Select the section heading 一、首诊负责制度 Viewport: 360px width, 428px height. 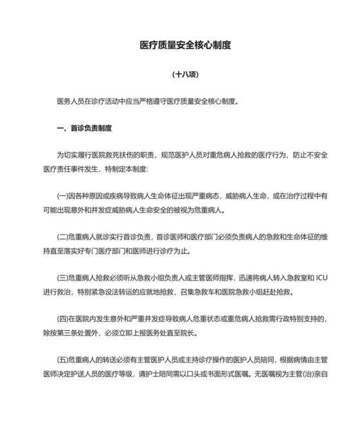tap(85, 128)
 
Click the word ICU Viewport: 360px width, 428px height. tap(322, 278)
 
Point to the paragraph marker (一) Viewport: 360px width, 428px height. tap(62, 196)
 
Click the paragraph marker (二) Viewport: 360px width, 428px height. tap(62, 237)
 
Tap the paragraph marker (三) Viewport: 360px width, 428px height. tap(62, 278)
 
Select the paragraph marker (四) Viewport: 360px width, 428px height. tap(62, 319)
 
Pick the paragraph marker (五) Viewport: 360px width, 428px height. tap(62, 360)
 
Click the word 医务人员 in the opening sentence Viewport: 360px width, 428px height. tap(71, 101)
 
